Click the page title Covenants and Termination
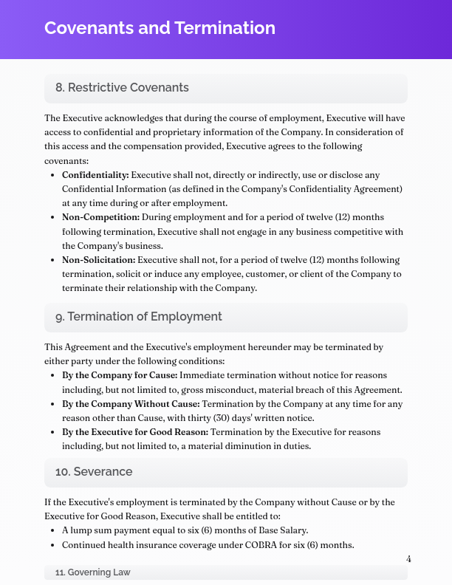(x=160, y=28)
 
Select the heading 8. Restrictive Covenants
(x=122, y=88)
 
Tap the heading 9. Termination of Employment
(x=138, y=317)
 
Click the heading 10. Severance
(x=93, y=472)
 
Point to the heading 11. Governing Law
(x=93, y=572)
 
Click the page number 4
(x=408, y=559)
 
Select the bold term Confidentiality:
(x=95, y=175)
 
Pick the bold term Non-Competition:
(x=100, y=217)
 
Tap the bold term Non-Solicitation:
(x=98, y=260)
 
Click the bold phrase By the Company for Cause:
(x=120, y=375)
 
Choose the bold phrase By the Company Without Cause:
(x=131, y=404)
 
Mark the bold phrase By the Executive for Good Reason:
(x=135, y=432)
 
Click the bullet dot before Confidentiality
(x=52, y=176)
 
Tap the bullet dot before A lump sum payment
(x=52, y=531)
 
